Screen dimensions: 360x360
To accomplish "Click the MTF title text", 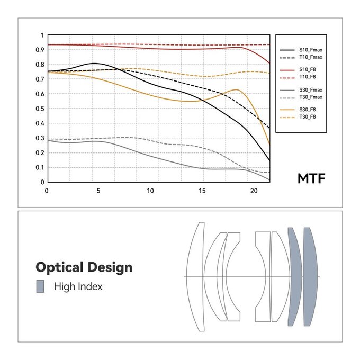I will point(311,178).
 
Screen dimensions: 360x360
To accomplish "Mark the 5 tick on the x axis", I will point(98,191).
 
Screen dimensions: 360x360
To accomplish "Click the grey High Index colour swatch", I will point(40,287).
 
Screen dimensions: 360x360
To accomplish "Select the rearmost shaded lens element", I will point(311,277).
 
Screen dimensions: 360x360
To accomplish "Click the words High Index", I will point(78,287).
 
